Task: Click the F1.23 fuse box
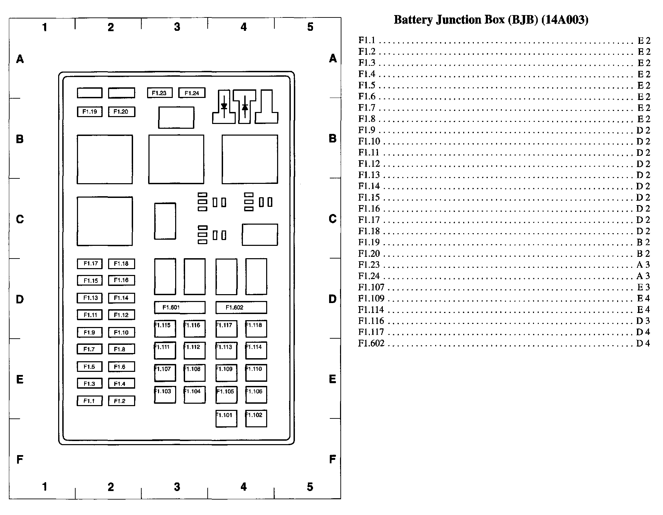pos(160,93)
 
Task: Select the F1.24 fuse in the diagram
pos(192,93)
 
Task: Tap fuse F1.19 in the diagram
pos(90,112)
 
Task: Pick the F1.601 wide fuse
pos(180,307)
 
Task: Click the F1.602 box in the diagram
pos(241,307)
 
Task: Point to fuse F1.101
pos(226,418)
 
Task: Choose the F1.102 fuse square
pos(256,418)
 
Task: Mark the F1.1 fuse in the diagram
pos(90,401)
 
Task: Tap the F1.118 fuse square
pos(256,328)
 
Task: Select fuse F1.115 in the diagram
pos(165,328)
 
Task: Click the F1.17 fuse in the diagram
pos(90,264)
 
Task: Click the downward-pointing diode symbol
pos(224,106)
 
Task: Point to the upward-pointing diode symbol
pos(245,106)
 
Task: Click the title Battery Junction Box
pos(491,20)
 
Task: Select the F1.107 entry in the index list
pos(371,287)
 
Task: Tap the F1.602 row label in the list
pos(371,343)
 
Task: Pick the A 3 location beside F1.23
pos(643,265)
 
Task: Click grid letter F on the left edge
pos(20,459)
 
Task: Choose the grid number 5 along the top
pos(310,27)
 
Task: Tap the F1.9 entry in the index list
pos(367,130)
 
